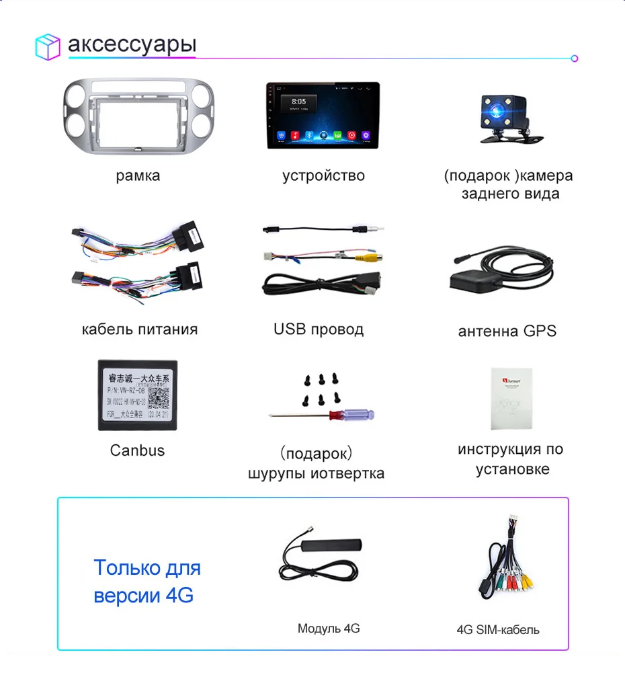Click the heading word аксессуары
pyautogui.click(x=132, y=45)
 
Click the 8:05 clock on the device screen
pyautogui.click(x=299, y=102)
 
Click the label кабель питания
pyautogui.click(x=140, y=329)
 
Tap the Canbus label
pyautogui.click(x=137, y=450)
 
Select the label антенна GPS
pyautogui.click(x=507, y=331)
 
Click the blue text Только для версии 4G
pyautogui.click(x=147, y=582)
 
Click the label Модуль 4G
pyautogui.click(x=329, y=629)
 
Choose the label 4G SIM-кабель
pyautogui.click(x=498, y=630)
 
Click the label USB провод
pyautogui.click(x=319, y=329)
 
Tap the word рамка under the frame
pyautogui.click(x=138, y=176)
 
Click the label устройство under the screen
pyautogui.click(x=323, y=176)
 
